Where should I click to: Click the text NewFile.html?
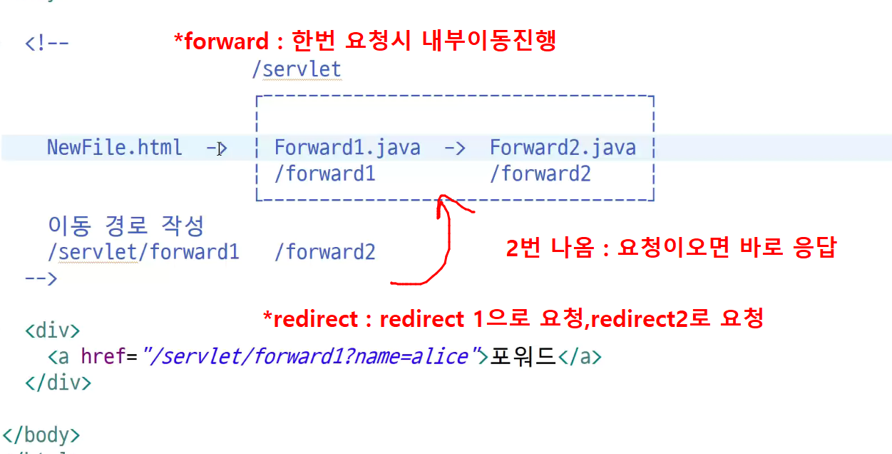[115, 148]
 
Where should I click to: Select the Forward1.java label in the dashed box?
[347, 148]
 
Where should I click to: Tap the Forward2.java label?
[563, 148]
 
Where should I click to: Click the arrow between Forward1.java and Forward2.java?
[455, 148]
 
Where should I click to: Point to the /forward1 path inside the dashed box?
[325, 173]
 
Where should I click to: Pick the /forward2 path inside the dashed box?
[540, 173]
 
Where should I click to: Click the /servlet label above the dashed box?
[297, 69]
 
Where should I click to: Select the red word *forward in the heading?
[222, 41]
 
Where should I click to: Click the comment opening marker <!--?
[47, 43]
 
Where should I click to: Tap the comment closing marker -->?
[41, 278]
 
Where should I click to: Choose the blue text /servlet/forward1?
[143, 252]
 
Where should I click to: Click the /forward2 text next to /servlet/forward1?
[325, 252]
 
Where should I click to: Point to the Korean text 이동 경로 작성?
[125, 226]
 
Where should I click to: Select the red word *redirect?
[311, 319]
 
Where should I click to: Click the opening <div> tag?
[53, 331]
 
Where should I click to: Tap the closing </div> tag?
[58, 383]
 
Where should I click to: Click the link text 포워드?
[523, 356]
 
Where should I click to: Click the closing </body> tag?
[41, 435]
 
